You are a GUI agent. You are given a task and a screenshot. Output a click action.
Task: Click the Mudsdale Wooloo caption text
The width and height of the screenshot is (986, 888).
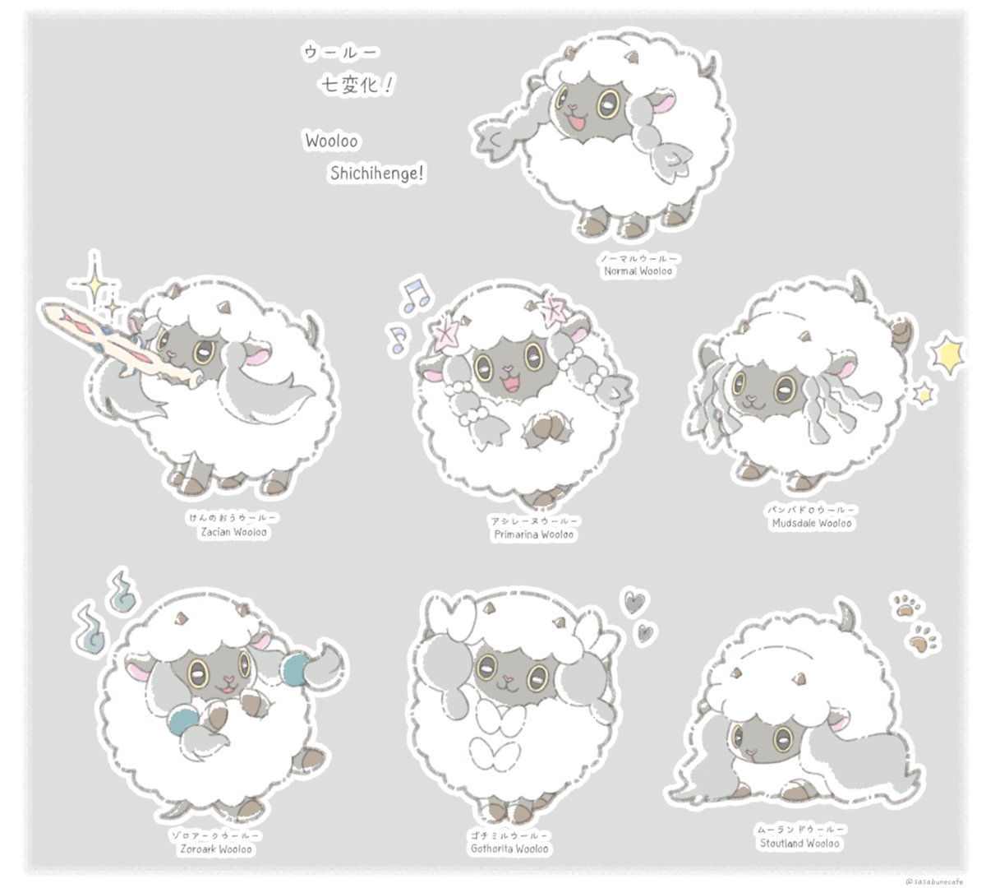click(810, 523)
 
